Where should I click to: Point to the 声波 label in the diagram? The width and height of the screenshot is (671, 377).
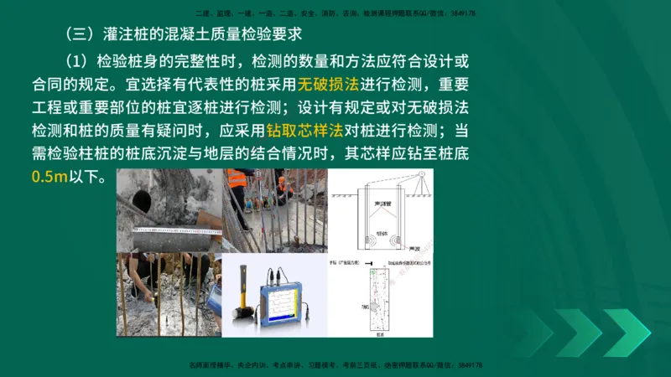point(413,248)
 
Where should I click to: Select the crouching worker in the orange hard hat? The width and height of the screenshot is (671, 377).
point(284,186)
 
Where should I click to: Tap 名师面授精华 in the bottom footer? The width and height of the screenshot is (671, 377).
point(210,366)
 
